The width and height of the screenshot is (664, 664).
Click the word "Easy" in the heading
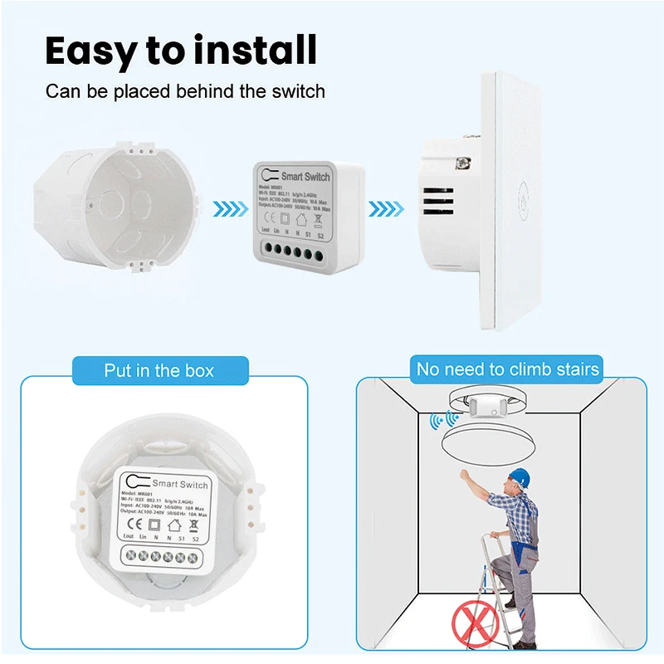click(90, 51)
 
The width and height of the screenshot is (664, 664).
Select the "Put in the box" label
click(159, 370)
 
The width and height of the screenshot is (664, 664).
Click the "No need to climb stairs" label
click(508, 369)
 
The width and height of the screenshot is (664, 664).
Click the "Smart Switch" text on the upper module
click(305, 176)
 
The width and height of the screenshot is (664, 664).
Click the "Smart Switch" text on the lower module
click(180, 483)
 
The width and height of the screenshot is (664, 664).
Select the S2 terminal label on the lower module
click(195, 537)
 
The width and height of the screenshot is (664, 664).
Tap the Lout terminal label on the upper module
click(266, 229)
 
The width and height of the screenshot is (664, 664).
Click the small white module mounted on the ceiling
click(483, 406)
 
